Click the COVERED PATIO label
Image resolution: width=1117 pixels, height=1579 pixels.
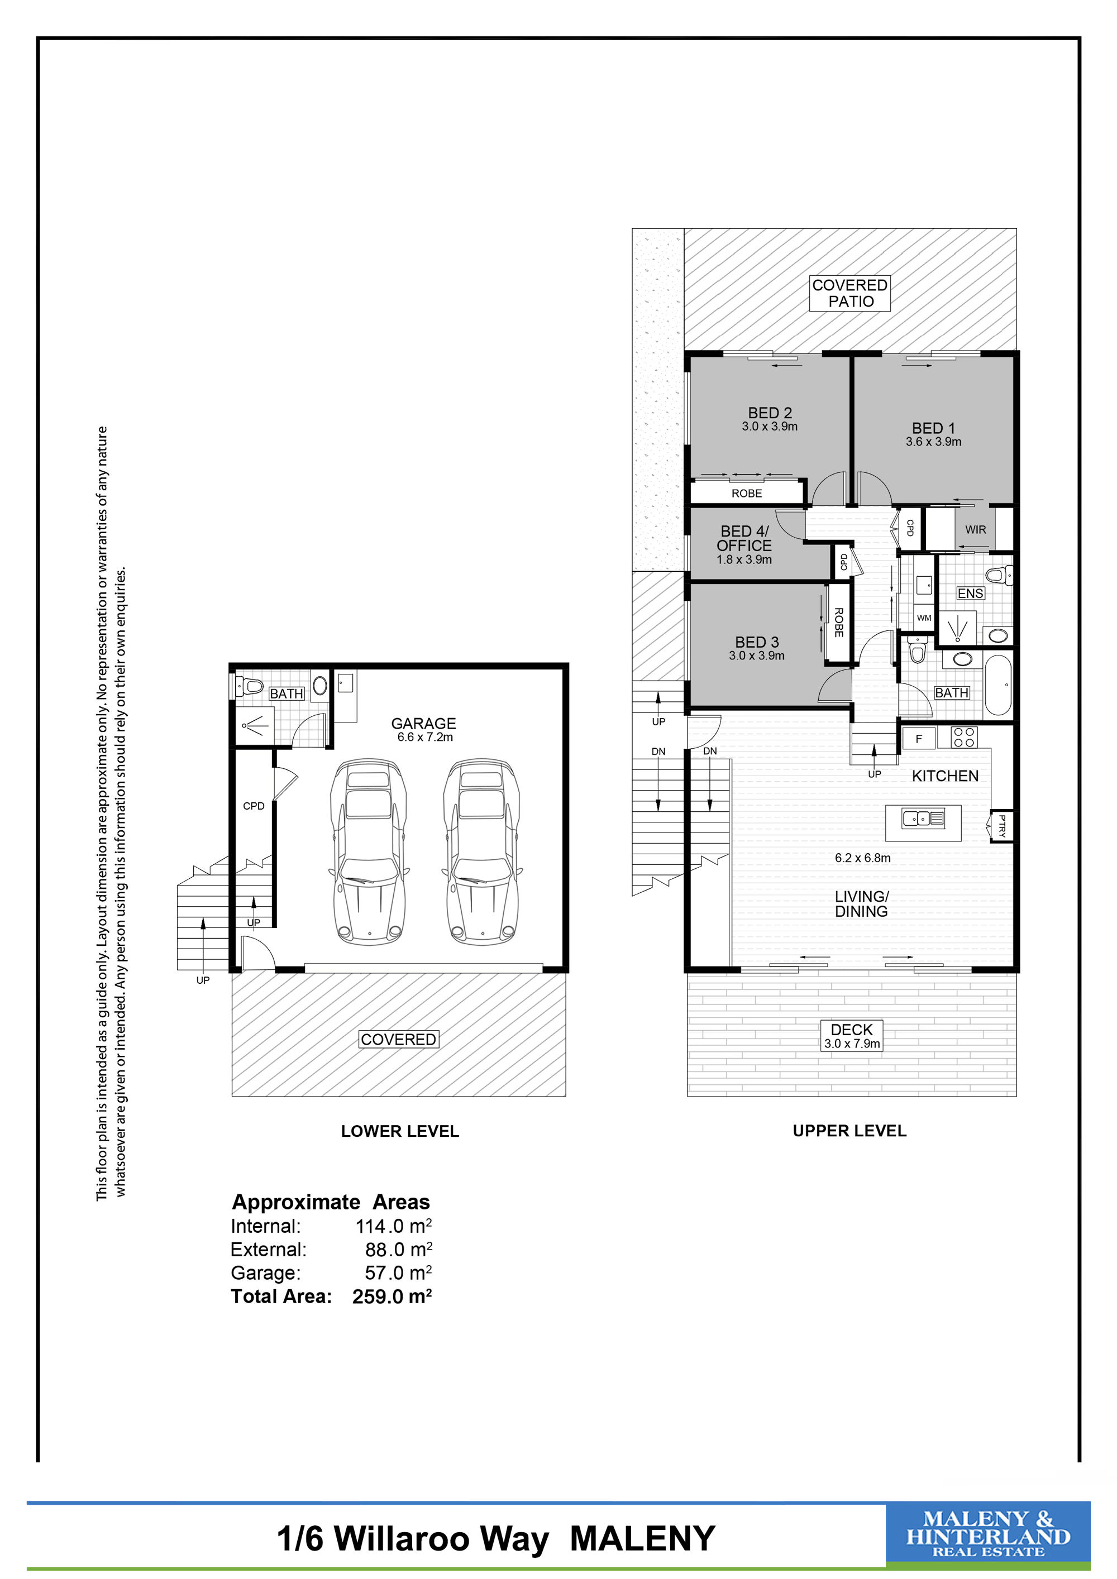click(x=850, y=293)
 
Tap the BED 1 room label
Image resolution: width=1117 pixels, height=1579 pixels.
click(x=933, y=428)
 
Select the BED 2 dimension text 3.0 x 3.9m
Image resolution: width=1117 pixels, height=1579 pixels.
click(x=770, y=427)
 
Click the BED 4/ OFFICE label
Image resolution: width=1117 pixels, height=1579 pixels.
click(x=744, y=538)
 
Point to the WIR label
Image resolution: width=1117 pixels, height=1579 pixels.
click(x=975, y=529)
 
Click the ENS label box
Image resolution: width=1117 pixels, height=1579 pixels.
click(x=971, y=593)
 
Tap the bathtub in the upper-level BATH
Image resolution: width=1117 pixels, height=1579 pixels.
click(x=998, y=685)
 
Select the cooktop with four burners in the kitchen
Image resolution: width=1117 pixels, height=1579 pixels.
click(x=963, y=736)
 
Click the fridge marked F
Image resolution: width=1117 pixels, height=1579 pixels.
click(x=919, y=739)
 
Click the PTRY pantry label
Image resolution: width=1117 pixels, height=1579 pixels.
click(x=1001, y=825)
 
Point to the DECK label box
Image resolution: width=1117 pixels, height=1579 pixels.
click(x=852, y=1035)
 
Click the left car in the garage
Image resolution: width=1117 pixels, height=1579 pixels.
click(x=368, y=851)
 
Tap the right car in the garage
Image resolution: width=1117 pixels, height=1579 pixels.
click(x=481, y=851)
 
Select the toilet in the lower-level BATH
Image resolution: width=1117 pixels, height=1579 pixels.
click(x=250, y=686)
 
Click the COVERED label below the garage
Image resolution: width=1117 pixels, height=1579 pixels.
click(x=398, y=1039)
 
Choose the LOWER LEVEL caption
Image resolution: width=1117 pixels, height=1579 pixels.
click(x=400, y=1131)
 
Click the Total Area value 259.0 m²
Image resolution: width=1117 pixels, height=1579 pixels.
click(x=392, y=1296)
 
